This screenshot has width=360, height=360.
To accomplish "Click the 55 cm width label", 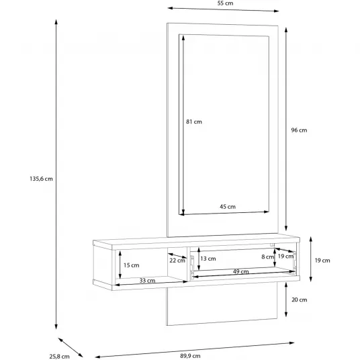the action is [x=225, y=3].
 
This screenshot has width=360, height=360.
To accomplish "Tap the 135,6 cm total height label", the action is [x=41, y=179].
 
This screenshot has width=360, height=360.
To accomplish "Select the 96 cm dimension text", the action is [x=299, y=130].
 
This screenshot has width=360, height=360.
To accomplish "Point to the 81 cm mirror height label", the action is [x=194, y=122].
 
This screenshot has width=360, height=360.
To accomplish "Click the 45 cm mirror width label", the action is [x=228, y=207].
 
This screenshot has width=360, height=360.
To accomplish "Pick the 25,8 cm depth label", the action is [x=59, y=357].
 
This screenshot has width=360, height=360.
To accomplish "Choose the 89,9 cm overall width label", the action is [x=190, y=356].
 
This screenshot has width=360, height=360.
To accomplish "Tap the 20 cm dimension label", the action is [x=299, y=300].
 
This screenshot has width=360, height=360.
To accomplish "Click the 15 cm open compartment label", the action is [x=132, y=265].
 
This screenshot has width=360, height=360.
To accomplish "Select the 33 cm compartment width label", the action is [x=147, y=280].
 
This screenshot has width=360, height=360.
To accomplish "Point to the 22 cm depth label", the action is [x=177, y=261].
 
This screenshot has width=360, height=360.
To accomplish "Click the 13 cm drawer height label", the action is [x=208, y=259].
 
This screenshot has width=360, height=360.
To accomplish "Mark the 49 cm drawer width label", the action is [x=241, y=271].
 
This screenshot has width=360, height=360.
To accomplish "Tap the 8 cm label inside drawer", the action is [x=268, y=257].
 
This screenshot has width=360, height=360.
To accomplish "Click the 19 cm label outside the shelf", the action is [x=322, y=261].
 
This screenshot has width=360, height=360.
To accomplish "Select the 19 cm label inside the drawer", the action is [x=285, y=256].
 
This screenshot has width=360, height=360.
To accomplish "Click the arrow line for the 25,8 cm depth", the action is [x=71, y=347].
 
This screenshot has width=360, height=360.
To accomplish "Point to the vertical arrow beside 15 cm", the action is [x=120, y=265].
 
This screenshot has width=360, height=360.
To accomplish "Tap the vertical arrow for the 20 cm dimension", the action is [x=286, y=300].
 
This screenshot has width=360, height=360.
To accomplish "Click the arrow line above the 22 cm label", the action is [x=177, y=255].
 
